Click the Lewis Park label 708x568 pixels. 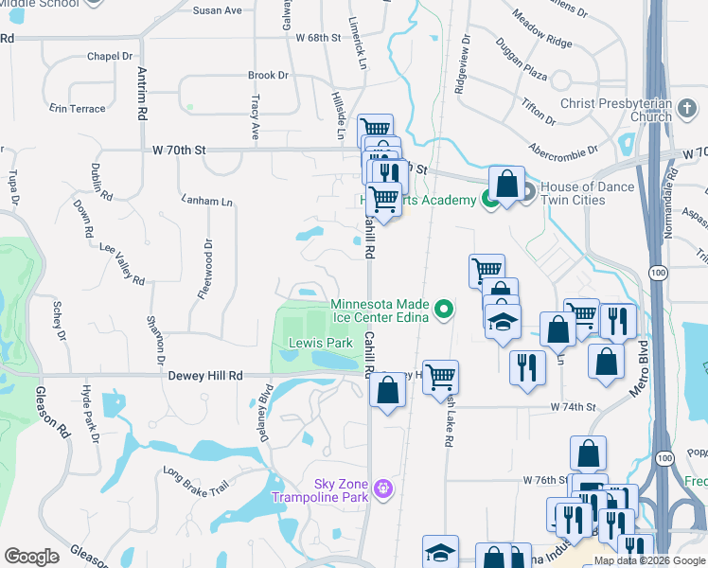click(x=313, y=342)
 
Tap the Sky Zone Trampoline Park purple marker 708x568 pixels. click(x=382, y=488)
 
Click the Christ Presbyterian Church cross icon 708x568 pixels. click(x=688, y=110)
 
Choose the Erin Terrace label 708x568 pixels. click(x=78, y=109)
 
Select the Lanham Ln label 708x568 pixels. click(x=207, y=202)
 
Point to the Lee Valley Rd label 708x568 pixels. click(x=122, y=264)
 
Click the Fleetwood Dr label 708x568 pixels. click(x=205, y=270)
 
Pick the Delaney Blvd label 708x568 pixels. click(x=265, y=407)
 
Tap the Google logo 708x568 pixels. click(x=31, y=557)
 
